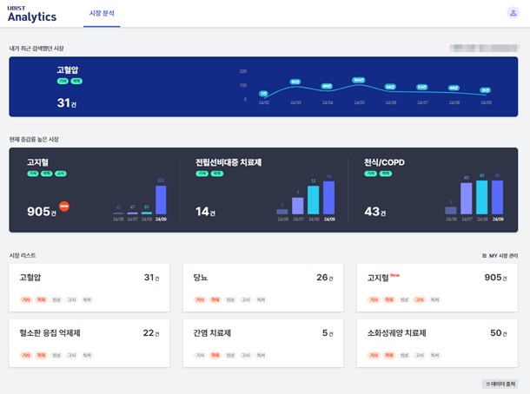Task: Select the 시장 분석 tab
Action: tap(102, 14)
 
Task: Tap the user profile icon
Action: tap(513, 13)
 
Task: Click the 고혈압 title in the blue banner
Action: tap(68, 69)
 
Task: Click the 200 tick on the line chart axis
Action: tap(243, 72)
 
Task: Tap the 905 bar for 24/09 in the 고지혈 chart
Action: tap(161, 200)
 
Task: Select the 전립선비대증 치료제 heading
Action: tap(229, 162)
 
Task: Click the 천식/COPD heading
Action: tap(384, 162)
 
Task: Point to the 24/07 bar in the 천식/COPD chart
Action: tap(467, 199)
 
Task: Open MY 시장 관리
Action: tap(497, 256)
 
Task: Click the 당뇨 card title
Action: tap(201, 278)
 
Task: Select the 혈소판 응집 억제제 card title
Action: tap(50, 333)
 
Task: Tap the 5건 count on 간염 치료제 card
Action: tap(327, 333)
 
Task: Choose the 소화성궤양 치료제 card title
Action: tap(396, 333)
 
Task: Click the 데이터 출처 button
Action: tap(500, 384)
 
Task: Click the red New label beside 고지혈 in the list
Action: tap(394, 275)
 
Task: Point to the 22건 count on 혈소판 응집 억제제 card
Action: tap(151, 333)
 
